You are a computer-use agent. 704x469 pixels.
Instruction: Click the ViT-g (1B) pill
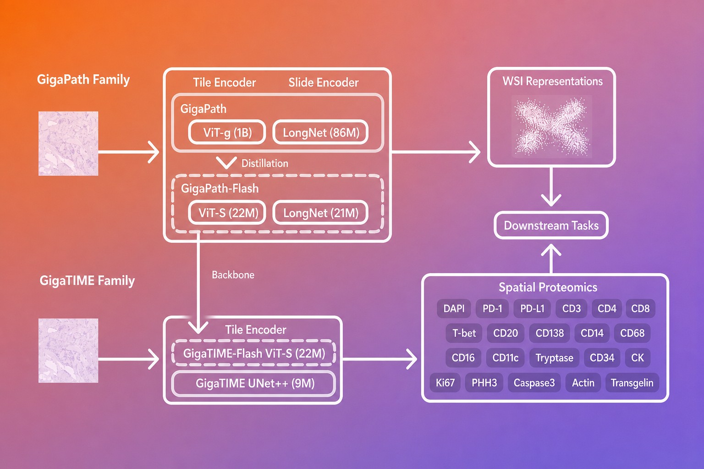tap(227, 132)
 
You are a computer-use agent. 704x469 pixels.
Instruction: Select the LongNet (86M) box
tap(320, 132)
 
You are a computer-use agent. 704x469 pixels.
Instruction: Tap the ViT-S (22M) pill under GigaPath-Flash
tap(227, 213)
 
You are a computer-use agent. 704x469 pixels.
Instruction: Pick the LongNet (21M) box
tap(320, 213)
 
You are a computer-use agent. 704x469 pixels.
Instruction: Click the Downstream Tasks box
tap(551, 225)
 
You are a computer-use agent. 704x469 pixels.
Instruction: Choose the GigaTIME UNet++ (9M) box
tap(254, 383)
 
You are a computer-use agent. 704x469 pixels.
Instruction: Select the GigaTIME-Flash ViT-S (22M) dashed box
tap(254, 354)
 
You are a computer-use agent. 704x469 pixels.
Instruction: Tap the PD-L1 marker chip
tap(532, 309)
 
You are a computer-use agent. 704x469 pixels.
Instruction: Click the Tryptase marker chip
tap(555, 358)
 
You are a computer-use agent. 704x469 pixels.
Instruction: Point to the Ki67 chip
tap(445, 382)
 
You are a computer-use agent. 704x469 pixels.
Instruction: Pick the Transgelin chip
tap(632, 382)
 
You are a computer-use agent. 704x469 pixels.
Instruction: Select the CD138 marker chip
tap(550, 333)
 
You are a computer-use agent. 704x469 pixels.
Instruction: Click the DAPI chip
tap(454, 309)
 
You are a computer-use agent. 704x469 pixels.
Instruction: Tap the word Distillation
tap(264, 164)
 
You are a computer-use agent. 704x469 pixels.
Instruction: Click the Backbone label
tap(233, 275)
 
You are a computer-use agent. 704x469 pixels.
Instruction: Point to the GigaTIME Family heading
tap(87, 280)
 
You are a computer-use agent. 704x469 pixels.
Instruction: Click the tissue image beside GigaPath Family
tap(68, 143)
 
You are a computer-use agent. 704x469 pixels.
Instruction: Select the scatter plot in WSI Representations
tap(552, 126)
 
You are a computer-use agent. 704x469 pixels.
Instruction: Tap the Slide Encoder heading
tap(324, 82)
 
